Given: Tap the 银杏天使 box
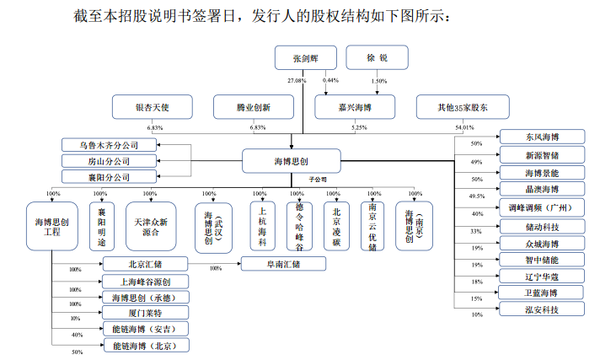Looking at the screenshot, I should click(153, 107).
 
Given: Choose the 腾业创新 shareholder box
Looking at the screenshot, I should click(254, 107).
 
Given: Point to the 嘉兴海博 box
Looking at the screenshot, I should click(355, 107).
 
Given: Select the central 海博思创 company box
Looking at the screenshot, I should click(292, 162).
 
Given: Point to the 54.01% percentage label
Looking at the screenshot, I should click(464, 128).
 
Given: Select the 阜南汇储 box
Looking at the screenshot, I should click(283, 264).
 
